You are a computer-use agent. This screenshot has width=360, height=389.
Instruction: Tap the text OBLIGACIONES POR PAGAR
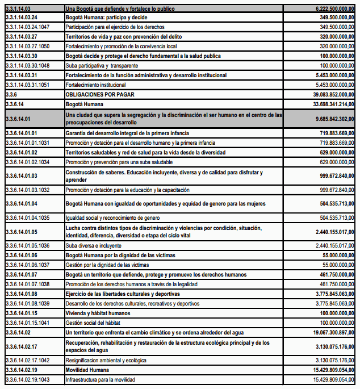point(100,94)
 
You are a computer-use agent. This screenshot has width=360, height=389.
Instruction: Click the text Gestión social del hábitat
point(95,323)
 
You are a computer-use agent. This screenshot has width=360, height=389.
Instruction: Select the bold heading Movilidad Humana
point(87,369)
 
